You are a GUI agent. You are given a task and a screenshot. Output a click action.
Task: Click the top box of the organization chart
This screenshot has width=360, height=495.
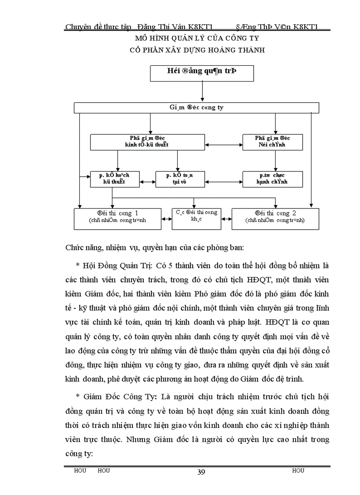pyautogui.click(x=202, y=73)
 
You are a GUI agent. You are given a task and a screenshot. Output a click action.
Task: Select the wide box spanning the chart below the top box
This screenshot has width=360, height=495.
pyautogui.click(x=196, y=108)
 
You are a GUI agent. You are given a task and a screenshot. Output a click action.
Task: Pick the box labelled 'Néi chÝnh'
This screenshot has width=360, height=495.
pyautogui.click(x=272, y=141)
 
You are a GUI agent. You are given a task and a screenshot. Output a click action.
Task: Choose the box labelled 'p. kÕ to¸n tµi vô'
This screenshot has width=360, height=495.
pyautogui.click(x=180, y=179)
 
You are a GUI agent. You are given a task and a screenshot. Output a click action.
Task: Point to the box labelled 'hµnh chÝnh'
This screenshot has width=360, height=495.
pyautogui.click(x=272, y=179)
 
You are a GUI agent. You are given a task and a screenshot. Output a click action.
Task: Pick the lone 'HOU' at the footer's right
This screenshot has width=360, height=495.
pyautogui.click(x=298, y=471)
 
